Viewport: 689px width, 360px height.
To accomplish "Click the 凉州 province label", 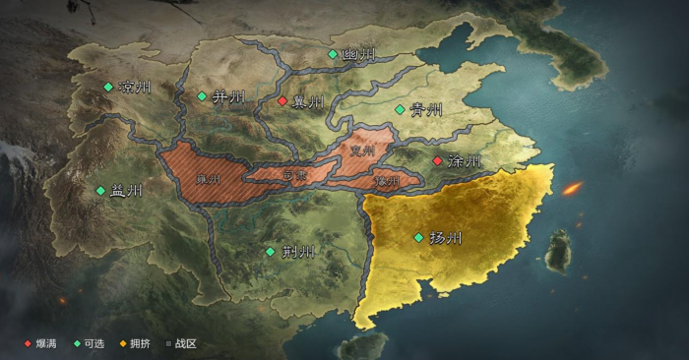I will tap(135, 88).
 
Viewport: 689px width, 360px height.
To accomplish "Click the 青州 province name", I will tap(426, 109).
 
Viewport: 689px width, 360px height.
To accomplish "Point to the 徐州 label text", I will tap(464, 160).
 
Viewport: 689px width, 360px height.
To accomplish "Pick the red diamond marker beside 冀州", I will tap(282, 101).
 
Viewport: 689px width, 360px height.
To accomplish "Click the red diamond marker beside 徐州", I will tap(437, 160).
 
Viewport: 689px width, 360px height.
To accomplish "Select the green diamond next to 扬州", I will tap(418, 238).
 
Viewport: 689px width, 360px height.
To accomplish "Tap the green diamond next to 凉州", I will tap(108, 88).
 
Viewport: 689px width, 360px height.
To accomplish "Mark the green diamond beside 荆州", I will tap(271, 252).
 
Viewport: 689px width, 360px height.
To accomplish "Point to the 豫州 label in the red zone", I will tap(387, 182).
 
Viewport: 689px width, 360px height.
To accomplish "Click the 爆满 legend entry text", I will tap(46, 343).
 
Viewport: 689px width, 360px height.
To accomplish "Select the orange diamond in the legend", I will tap(123, 343).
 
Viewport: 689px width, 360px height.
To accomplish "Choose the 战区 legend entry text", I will tap(186, 343).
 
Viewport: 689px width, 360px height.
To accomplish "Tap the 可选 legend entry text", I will tap(94, 343).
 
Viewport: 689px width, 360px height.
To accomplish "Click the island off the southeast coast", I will tap(558, 251).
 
